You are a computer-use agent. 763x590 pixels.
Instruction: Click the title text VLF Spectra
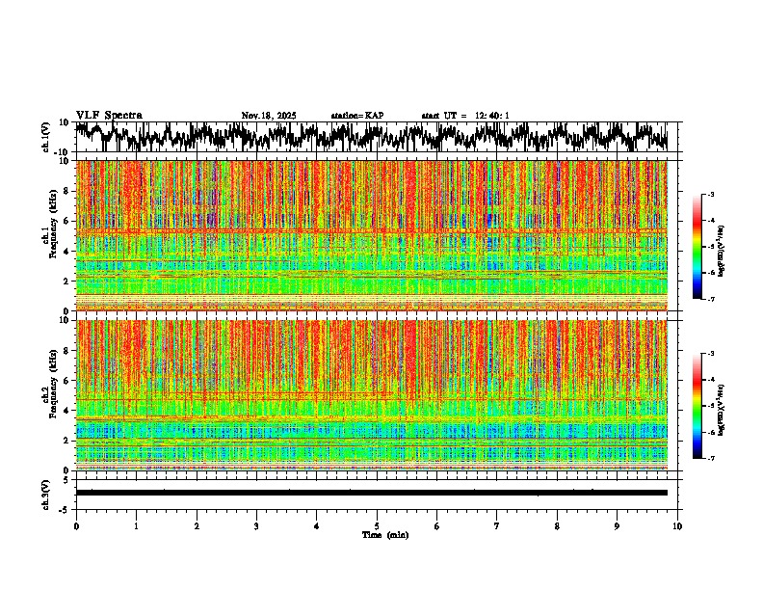109,115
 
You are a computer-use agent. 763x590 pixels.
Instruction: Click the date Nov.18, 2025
269,116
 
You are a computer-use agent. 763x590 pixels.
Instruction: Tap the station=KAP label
356,116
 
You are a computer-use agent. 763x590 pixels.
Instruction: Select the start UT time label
465,116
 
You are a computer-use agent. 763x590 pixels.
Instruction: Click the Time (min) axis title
384,535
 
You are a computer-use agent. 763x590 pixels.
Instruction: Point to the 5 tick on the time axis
377,526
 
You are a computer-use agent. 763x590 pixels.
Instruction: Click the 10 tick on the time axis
677,526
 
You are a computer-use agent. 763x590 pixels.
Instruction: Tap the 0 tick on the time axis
76,526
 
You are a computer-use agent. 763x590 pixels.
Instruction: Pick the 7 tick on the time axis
497,526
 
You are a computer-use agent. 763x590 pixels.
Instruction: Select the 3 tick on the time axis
256,526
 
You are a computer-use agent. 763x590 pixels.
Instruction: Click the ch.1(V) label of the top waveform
46,137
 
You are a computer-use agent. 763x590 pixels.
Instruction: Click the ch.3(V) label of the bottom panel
46,493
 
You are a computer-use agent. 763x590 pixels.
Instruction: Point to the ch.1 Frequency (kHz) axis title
51,235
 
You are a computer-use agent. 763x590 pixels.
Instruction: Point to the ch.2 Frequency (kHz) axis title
51,394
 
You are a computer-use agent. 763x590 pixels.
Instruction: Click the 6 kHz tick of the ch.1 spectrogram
66,221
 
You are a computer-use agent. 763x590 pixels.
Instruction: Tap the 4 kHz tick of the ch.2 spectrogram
66,410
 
